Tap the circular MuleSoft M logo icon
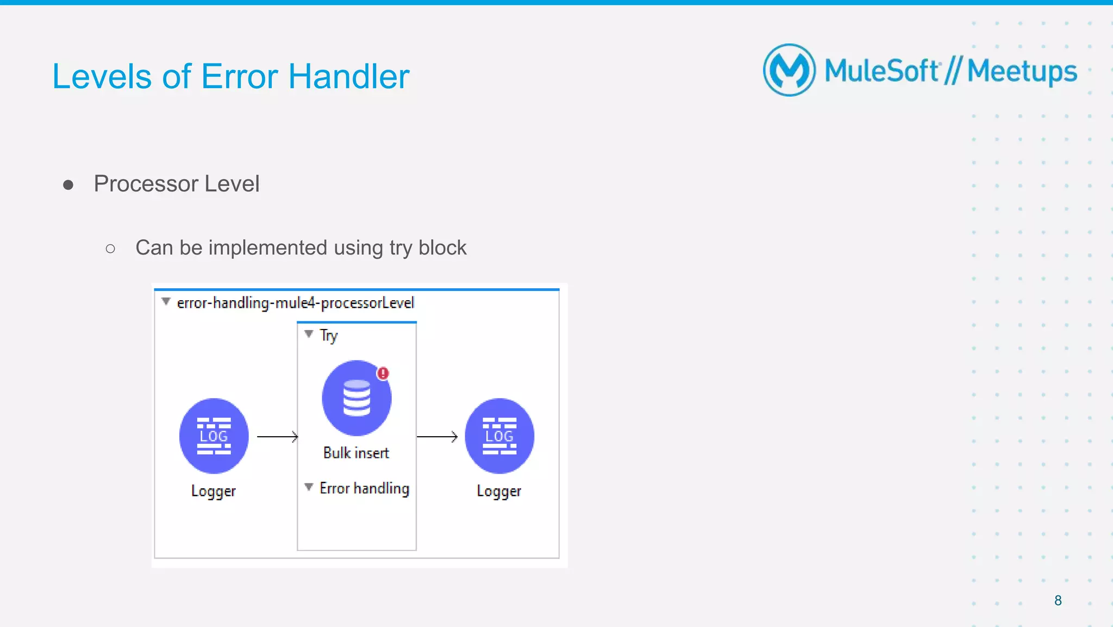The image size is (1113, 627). tap(789, 70)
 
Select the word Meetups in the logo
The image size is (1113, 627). tap(1022, 72)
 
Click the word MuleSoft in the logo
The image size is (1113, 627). tap(881, 71)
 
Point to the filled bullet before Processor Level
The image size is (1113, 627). tap(68, 185)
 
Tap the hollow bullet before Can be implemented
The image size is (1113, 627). tap(110, 249)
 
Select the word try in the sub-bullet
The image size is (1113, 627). tap(401, 249)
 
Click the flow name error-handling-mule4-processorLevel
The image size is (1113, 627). tap(295, 303)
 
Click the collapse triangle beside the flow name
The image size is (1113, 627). tap(166, 301)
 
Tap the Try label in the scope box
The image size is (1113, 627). tap(328, 336)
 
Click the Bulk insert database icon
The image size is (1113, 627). tap(356, 398)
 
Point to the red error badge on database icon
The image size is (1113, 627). tap(383, 374)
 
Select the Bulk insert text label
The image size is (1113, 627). tap(356, 453)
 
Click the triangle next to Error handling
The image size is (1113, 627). tap(309, 487)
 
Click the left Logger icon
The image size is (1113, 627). tap(214, 436)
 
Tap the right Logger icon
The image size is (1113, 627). tap(499, 436)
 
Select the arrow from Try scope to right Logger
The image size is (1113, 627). tap(437, 437)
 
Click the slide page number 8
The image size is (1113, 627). tap(1058, 600)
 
